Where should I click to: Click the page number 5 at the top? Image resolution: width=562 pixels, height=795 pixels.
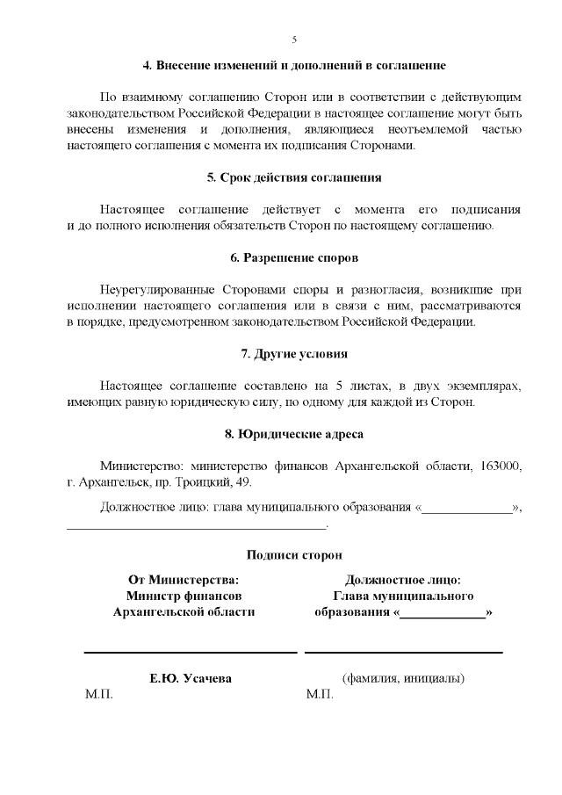(x=294, y=40)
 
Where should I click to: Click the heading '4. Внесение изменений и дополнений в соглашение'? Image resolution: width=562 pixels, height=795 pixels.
(x=294, y=66)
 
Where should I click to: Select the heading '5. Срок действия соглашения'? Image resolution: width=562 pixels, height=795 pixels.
(x=294, y=177)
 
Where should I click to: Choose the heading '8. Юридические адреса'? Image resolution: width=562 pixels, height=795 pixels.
(x=294, y=434)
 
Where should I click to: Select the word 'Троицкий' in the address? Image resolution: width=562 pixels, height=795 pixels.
(x=198, y=482)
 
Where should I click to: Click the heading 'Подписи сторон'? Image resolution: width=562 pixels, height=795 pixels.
(x=294, y=555)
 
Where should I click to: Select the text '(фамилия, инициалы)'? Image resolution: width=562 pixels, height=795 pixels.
(x=403, y=678)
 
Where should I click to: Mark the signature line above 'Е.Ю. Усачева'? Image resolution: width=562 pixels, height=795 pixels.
(x=191, y=653)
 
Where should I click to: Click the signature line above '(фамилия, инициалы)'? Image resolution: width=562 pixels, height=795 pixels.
(x=403, y=653)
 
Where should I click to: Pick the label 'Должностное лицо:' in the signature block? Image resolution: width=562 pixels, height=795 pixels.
(x=403, y=580)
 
